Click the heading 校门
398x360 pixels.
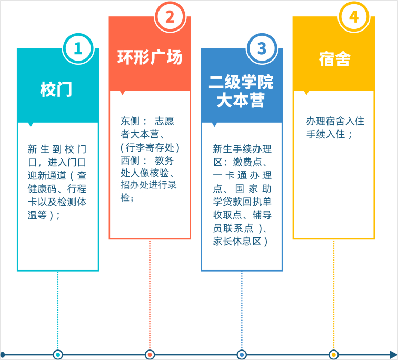(56, 89)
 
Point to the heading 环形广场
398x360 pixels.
(150, 57)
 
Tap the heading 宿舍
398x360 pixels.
(334, 59)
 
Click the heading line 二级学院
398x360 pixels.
(241, 82)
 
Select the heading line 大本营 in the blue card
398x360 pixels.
(241, 100)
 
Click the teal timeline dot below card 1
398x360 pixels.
(58, 354)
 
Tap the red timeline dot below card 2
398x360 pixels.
(150, 354)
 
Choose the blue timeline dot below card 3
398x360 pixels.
(242, 354)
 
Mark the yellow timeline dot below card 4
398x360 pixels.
(334, 354)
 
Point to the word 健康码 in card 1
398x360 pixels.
(42, 189)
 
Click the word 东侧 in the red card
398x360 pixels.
(130, 121)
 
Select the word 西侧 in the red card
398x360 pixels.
(130, 161)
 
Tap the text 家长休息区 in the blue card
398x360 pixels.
(237, 241)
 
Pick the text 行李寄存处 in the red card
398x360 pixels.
(150, 147)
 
